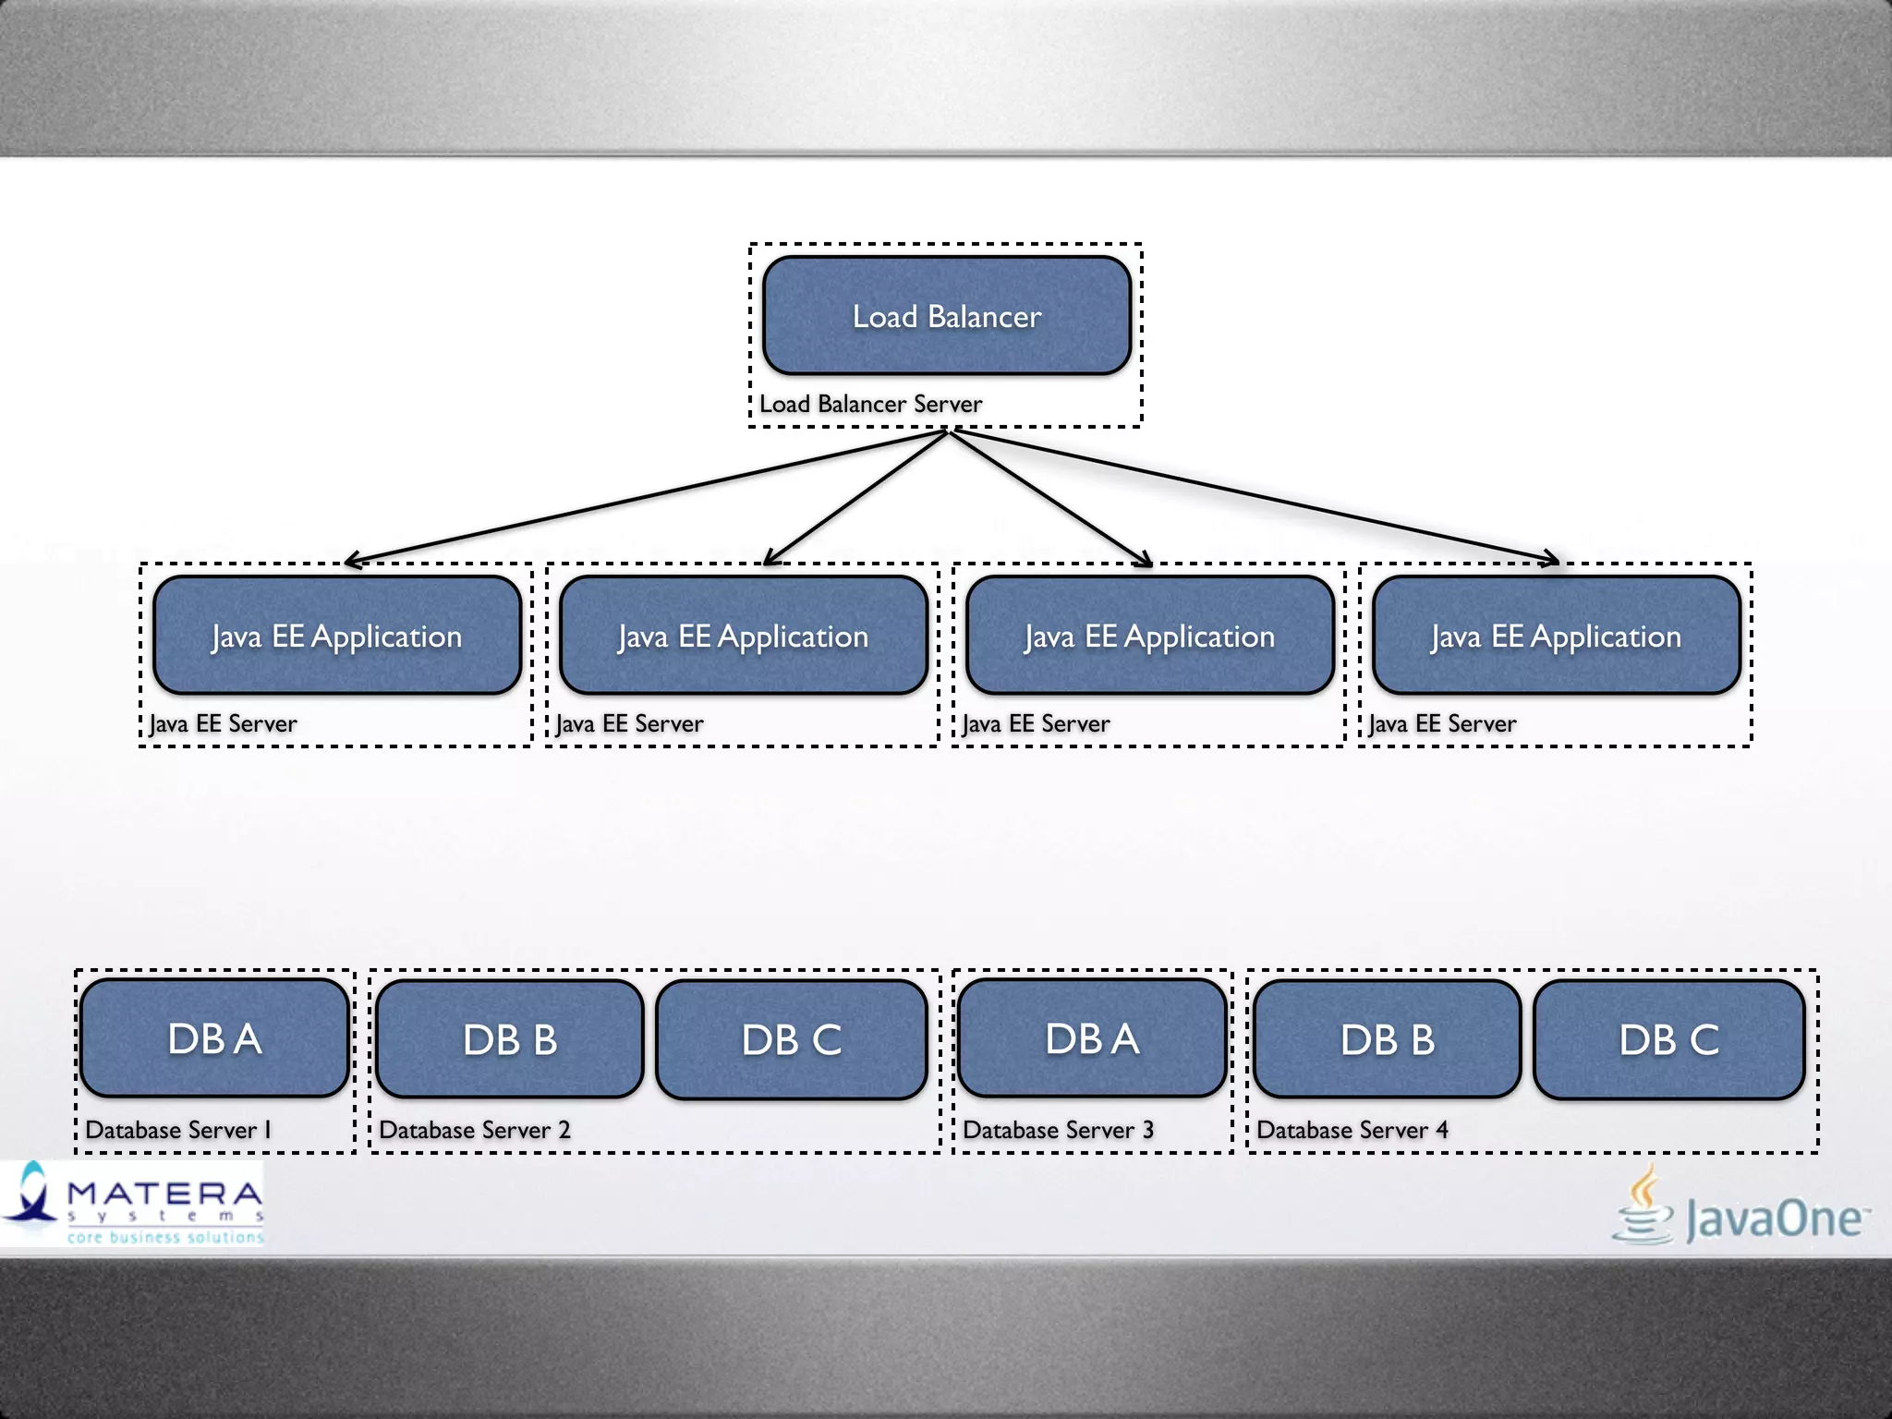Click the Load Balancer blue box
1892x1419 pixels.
tap(947, 316)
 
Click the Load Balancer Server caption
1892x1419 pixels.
tap(870, 404)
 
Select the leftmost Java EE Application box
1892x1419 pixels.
tap(337, 636)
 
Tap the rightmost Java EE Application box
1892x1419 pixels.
tap(1557, 636)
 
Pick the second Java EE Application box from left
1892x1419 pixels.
tap(744, 636)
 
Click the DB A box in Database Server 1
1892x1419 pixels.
tap(214, 1038)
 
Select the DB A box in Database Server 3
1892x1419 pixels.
tap(1092, 1038)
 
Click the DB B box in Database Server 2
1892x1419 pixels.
tap(510, 1039)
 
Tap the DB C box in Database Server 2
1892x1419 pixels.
tap(792, 1039)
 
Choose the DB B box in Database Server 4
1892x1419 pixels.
tap(1388, 1039)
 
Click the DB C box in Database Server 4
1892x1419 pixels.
tap(1669, 1039)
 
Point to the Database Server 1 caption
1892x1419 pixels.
tap(178, 1130)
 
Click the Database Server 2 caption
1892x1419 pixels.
tap(475, 1130)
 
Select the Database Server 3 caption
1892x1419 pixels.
tap(1058, 1130)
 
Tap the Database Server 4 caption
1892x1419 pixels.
tap(1352, 1130)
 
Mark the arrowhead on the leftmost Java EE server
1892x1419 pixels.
tap(351, 561)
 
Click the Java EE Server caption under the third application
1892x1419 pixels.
tap(1036, 723)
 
